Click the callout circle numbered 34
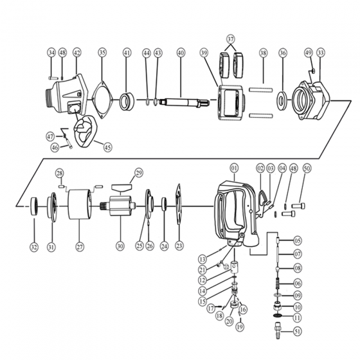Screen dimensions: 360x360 click(51, 52)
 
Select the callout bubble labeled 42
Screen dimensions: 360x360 click(77, 52)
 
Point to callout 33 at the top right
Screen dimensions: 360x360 click(321, 52)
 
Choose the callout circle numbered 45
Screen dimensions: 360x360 click(107, 147)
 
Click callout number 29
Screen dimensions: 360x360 click(138, 172)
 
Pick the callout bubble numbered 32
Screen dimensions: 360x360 click(33, 246)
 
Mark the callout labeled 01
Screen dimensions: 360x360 click(233, 168)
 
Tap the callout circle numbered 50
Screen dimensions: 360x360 click(307, 168)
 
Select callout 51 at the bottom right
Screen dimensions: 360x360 click(297, 332)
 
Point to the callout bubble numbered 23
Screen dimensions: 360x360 click(179, 246)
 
